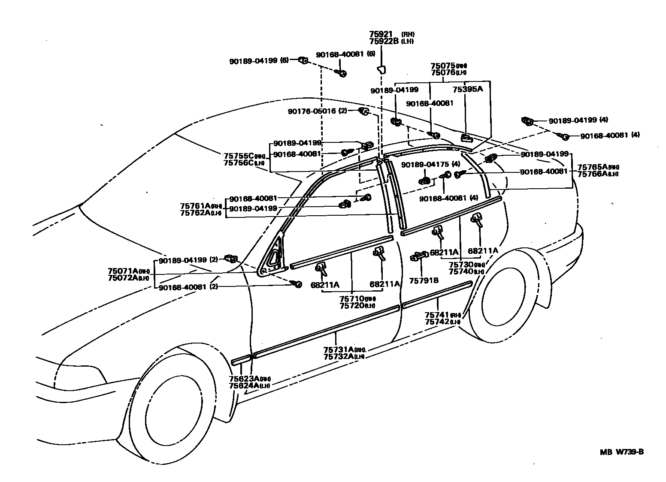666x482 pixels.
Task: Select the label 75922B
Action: [384, 41]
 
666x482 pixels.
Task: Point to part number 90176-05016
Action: [312, 111]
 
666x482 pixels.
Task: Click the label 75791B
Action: [424, 280]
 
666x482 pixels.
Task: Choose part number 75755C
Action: [239, 156]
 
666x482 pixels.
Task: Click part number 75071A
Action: [123, 271]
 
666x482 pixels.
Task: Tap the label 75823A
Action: [244, 379]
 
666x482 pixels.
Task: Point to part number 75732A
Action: [338, 356]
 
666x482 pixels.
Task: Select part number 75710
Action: [352, 298]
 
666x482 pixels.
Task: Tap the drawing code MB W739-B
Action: [621, 452]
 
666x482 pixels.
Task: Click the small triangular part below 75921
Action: [381, 69]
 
